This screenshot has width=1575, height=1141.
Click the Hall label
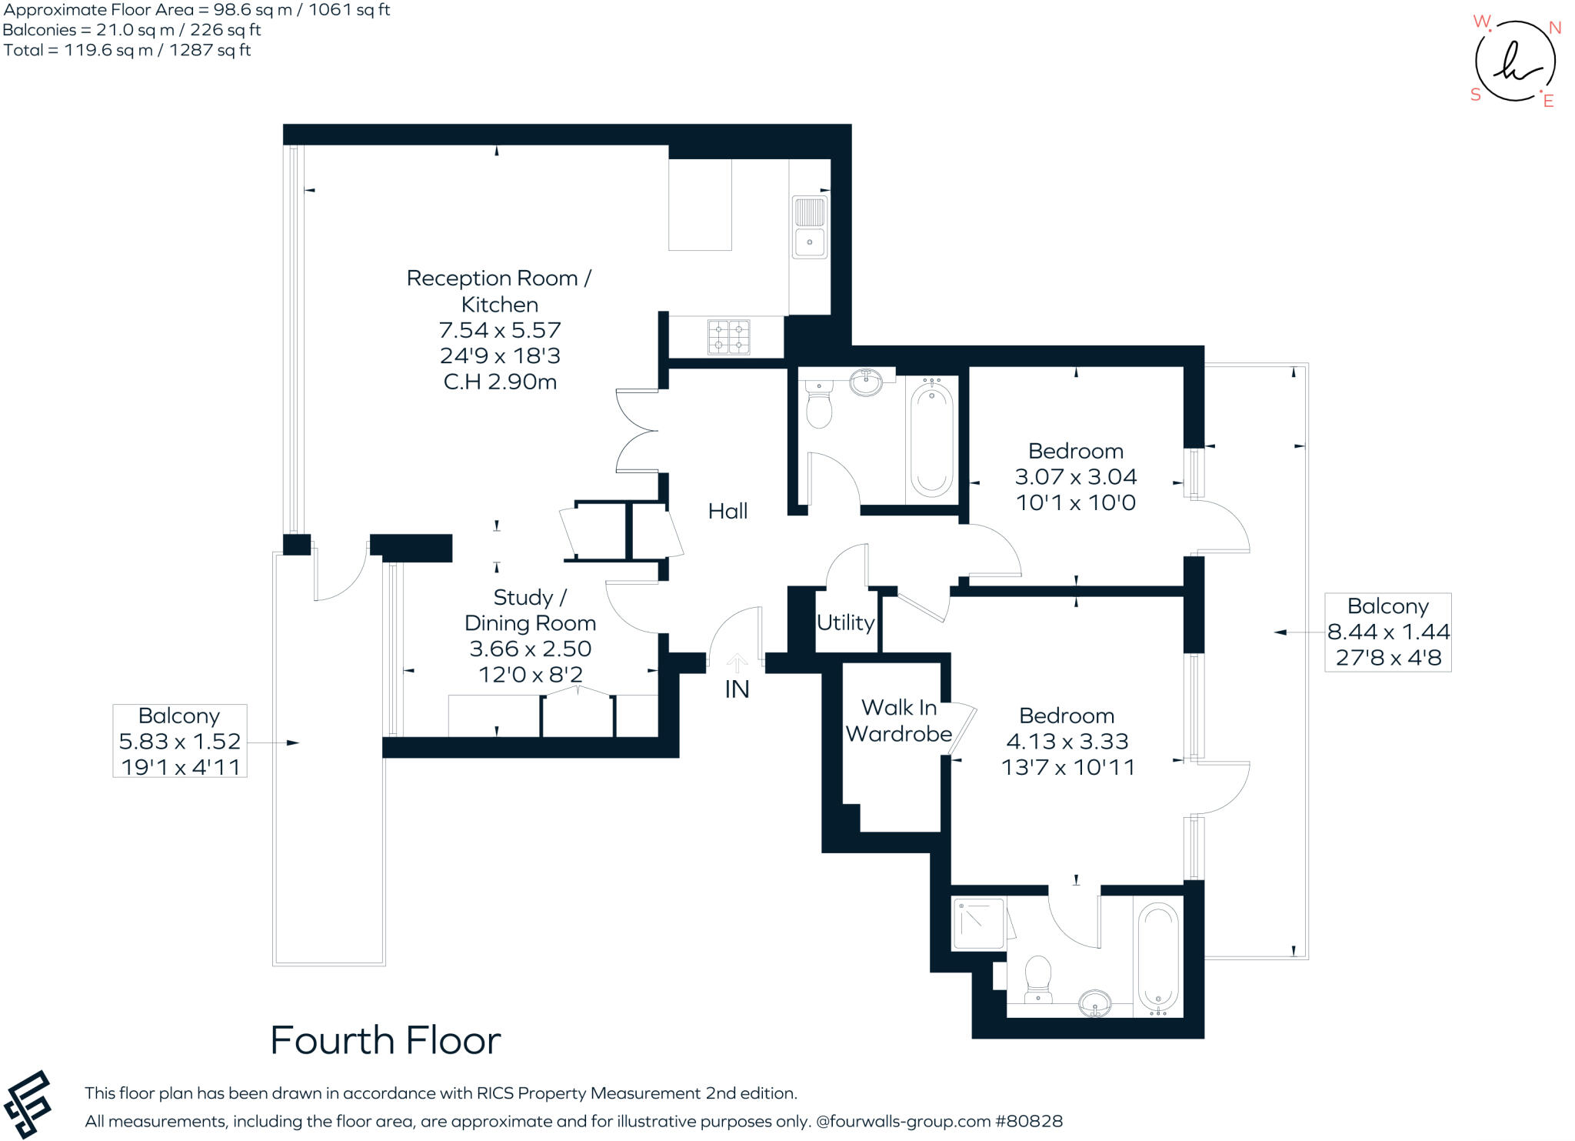coord(727,511)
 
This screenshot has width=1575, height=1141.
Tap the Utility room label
coord(845,622)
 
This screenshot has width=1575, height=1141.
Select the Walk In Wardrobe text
coord(898,720)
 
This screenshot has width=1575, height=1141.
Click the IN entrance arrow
coord(737,663)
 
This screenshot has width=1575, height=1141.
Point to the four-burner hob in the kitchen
coord(728,337)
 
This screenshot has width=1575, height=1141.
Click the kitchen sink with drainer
coord(809,228)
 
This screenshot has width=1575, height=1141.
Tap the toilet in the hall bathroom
coord(819,405)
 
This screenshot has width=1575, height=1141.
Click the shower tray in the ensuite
coord(979,923)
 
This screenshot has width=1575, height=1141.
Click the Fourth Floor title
coord(385,1041)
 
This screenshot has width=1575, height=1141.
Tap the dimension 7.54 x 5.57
coord(500,330)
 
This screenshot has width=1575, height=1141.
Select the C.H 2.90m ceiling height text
coord(500,382)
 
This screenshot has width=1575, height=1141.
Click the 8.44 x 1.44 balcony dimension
coord(1388,632)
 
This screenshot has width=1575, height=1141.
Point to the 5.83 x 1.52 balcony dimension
coord(179,741)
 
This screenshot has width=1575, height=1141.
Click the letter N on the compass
coord(1554,28)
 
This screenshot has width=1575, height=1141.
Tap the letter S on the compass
coord(1475,95)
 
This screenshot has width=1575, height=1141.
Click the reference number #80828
coord(1029,1121)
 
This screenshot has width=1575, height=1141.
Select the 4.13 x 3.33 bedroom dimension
coord(1067,741)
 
